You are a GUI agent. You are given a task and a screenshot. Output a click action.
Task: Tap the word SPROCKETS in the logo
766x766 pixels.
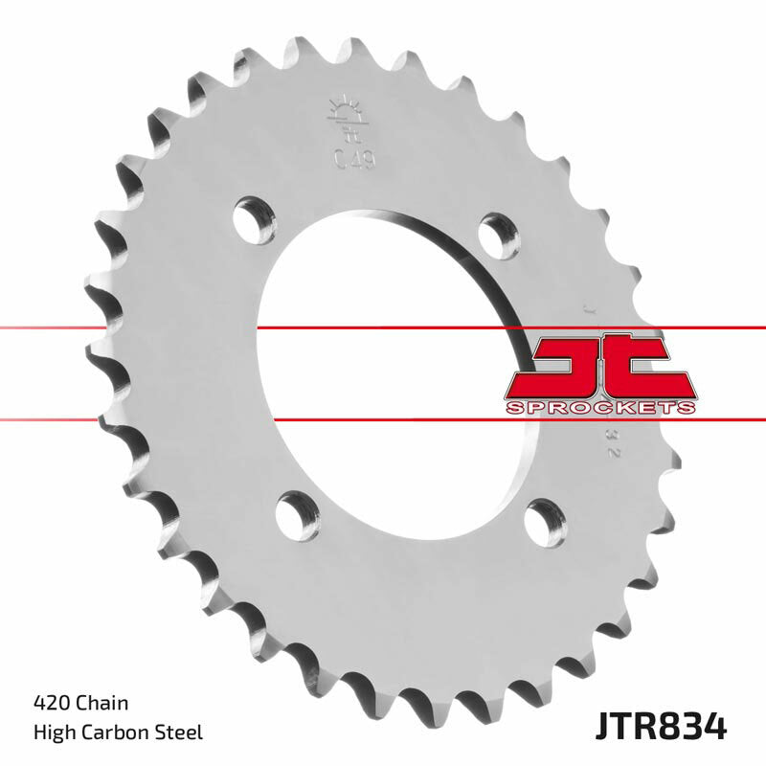[599, 409]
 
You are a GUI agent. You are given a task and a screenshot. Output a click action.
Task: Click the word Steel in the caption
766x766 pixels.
[183, 733]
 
